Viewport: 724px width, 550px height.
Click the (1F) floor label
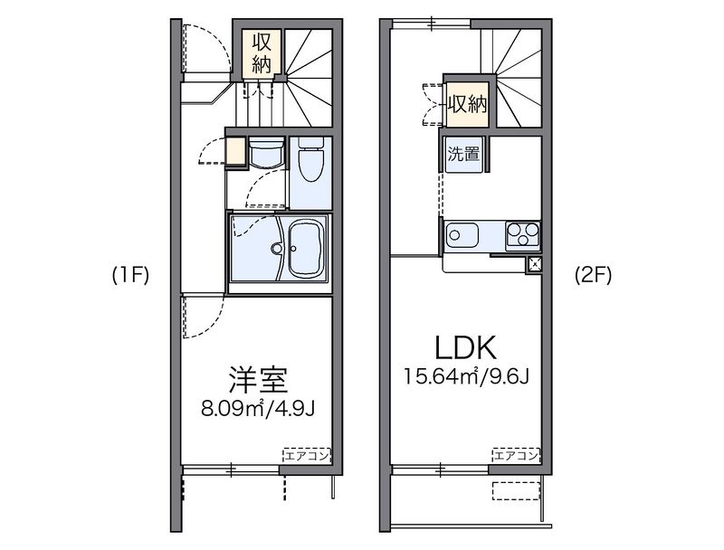(x=130, y=276)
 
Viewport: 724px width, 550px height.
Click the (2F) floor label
(x=593, y=276)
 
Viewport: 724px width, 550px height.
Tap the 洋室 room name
(x=258, y=380)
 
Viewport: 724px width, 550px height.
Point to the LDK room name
(x=466, y=347)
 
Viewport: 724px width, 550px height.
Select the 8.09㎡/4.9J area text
(x=258, y=408)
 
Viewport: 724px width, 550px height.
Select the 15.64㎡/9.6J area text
(x=466, y=376)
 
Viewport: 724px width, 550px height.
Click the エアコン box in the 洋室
(x=307, y=456)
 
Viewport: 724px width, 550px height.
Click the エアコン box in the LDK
(x=516, y=456)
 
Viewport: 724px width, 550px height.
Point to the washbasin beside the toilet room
(x=266, y=153)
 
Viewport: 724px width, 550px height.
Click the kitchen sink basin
(x=462, y=235)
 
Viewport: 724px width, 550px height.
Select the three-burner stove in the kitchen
(x=523, y=234)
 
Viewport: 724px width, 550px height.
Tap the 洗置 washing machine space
(x=463, y=154)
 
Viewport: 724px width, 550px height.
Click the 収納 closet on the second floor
(x=468, y=105)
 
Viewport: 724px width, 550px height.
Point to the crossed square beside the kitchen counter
(x=534, y=264)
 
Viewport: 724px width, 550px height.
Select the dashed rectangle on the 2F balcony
(x=516, y=491)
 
